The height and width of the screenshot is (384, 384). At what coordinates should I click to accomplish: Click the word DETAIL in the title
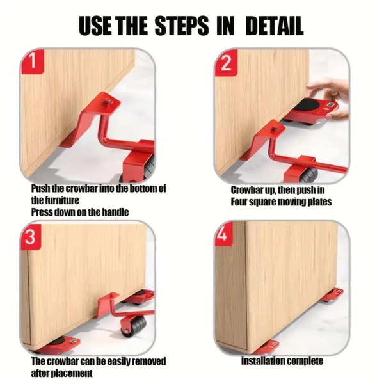pyautogui.click(x=275, y=26)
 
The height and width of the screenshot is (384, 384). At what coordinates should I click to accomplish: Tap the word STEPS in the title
pyautogui.click(x=182, y=26)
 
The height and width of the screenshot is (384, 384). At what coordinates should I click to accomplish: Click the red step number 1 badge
pyautogui.click(x=33, y=61)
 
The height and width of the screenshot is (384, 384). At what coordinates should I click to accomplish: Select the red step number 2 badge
pyautogui.click(x=227, y=63)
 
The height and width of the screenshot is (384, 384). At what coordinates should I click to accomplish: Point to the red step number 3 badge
pyautogui.click(x=31, y=237)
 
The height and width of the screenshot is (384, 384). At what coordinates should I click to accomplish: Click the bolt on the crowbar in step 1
pyautogui.click(x=108, y=102)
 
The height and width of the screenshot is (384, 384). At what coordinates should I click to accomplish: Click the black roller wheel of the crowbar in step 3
pyautogui.click(x=134, y=326)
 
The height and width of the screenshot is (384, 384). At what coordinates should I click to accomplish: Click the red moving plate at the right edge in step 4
pyautogui.click(x=333, y=295)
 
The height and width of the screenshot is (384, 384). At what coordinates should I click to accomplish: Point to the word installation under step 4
pyautogui.click(x=263, y=361)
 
